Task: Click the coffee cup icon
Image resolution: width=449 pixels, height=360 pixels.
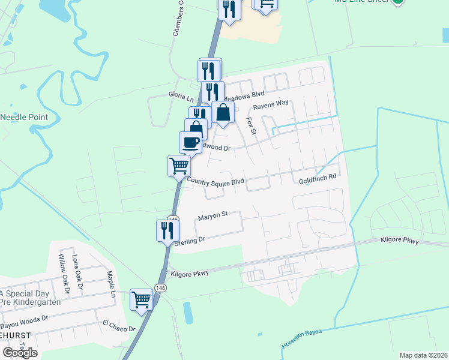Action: (x=190, y=142)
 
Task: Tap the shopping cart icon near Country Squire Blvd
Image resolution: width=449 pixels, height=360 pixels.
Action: (x=179, y=165)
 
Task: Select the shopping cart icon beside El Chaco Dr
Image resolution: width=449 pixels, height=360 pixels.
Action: (x=142, y=299)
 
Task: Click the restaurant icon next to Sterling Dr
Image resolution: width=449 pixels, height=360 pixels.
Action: (x=167, y=230)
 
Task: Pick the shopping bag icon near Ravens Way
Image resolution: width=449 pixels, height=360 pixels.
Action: (x=223, y=112)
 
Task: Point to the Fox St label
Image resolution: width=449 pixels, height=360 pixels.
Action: (x=251, y=126)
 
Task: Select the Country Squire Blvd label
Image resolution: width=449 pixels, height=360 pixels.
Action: (x=215, y=181)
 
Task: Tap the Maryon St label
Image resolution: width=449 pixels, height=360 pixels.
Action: (x=213, y=214)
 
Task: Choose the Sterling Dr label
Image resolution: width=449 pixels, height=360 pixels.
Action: (x=190, y=240)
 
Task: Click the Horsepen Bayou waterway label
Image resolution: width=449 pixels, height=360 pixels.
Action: (x=301, y=340)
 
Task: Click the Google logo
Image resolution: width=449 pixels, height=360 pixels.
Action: (x=20, y=352)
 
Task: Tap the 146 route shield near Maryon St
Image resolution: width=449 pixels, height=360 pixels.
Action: (x=173, y=220)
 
